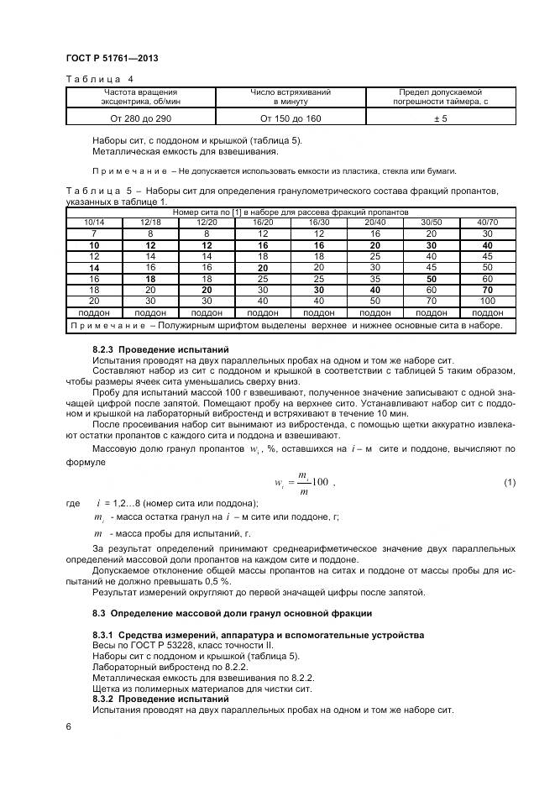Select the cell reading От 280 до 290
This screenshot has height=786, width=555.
coord(140,119)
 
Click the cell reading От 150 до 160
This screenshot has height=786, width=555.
coord(291,119)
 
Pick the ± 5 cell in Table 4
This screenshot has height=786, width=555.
coord(441,119)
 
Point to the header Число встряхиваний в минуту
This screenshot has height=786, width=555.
coord(291,96)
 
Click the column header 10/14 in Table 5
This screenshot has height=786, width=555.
coord(93,222)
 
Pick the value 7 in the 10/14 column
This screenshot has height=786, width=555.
coord(93,233)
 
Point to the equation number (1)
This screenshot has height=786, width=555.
coord(510,482)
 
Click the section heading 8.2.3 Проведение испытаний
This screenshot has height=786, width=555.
coord(160,348)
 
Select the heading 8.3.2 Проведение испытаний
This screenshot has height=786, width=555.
coord(160,699)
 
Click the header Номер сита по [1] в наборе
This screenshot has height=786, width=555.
coord(291,212)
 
